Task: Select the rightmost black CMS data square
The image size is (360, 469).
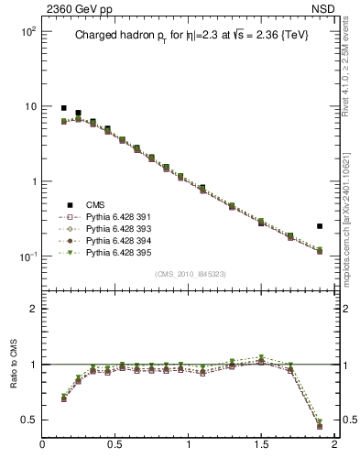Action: click(x=320, y=225)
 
